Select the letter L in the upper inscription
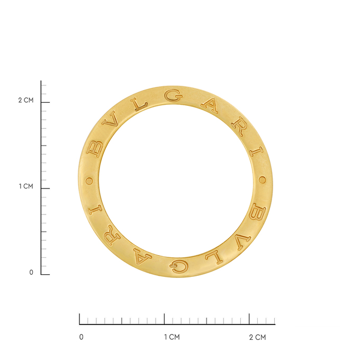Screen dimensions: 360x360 (140, 104)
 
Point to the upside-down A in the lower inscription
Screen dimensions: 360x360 (141, 257)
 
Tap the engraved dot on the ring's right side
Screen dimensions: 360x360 (262, 181)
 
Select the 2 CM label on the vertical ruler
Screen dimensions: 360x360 (25, 101)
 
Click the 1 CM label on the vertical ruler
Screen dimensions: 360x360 (25, 186)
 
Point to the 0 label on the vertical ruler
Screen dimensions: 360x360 (31, 273)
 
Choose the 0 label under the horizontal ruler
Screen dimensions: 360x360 (80, 337)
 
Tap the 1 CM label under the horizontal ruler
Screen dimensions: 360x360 (172, 337)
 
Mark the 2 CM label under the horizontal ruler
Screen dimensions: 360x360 (257, 337)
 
